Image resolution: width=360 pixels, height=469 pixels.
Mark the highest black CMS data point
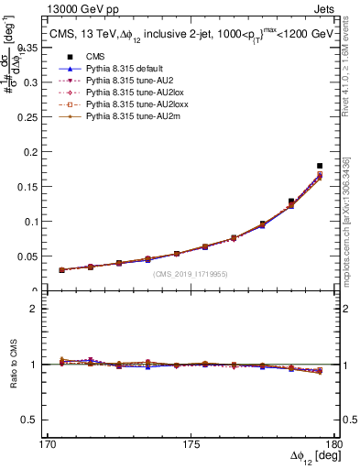pyautogui.click(x=320, y=166)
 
